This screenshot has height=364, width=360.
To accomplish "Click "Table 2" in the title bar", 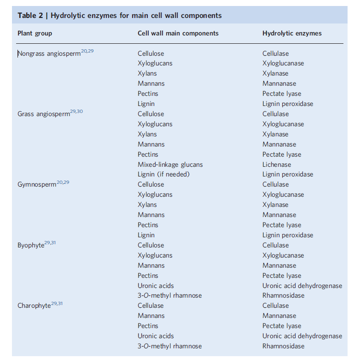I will coord(31,16).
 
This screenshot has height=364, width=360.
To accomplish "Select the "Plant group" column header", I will coord(35,33).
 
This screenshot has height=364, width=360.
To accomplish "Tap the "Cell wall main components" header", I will coord(178,33).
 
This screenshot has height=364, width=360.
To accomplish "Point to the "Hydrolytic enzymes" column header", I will coord(292,33).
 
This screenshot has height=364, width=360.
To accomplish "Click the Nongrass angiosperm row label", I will coord(49,54).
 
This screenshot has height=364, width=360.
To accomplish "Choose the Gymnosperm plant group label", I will coord(37,185).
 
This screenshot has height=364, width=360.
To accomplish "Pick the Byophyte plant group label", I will coord(31,246).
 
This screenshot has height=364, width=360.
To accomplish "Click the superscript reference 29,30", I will coord(76,112).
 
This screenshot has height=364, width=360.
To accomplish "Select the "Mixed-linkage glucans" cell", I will coord(170,164).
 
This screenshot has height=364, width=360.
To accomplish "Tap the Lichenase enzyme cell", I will coord(277,164).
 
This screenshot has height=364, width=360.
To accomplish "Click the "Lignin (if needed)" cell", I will coord(163,174).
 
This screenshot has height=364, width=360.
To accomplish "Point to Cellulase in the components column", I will coord(151,305).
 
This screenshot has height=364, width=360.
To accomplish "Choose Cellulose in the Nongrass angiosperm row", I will coord(151,53).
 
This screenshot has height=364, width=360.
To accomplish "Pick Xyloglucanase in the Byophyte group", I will coord(283,255).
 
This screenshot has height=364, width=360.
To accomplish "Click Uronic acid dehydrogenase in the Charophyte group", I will coord(302,336).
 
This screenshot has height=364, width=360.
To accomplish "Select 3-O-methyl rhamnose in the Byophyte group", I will coord(169,295).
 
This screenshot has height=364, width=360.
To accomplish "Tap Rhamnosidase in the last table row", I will coord(283,346).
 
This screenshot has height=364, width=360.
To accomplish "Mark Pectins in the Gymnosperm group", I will coord(148,225).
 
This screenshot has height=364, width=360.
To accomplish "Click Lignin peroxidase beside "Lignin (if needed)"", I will coord(288,174).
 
